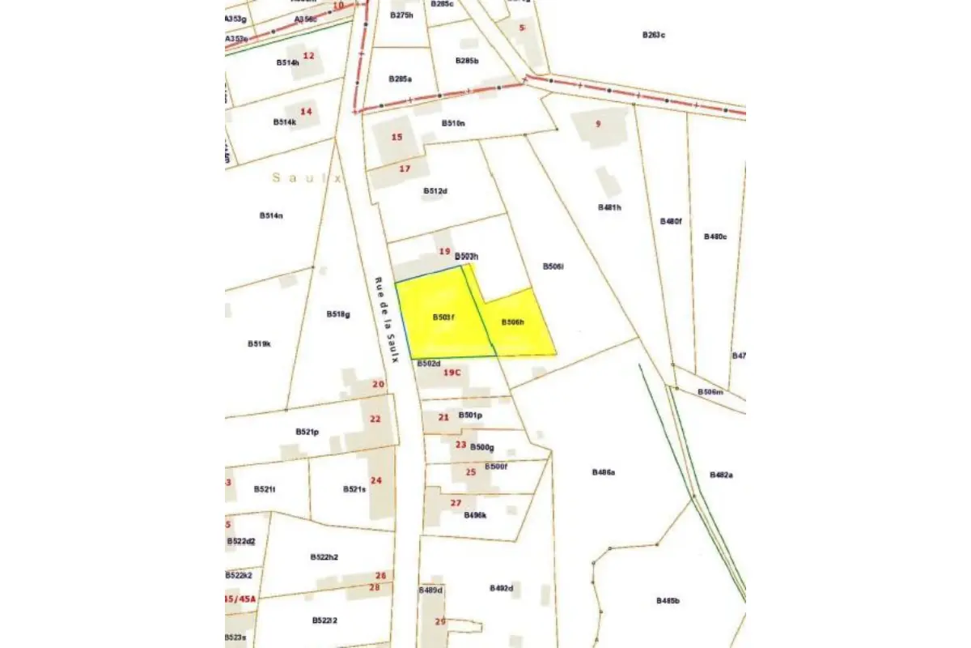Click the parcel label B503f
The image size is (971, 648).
(443, 317)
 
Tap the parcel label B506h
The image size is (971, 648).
(513, 322)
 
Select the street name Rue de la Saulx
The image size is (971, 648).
(386, 319)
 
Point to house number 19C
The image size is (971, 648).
(452, 373)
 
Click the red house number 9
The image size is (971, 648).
(598, 124)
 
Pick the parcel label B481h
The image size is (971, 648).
(609, 207)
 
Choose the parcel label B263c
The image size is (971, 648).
(653, 35)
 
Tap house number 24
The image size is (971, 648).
(375, 480)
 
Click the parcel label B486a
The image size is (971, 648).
(604, 471)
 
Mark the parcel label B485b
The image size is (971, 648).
(668, 600)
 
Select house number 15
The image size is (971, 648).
(396, 137)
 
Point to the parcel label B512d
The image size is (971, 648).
(435, 191)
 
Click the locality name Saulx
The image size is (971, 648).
(307, 177)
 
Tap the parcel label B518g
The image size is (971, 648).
(338, 314)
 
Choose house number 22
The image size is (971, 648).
(375, 419)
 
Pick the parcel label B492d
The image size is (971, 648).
(502, 588)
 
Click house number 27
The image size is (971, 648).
(456, 503)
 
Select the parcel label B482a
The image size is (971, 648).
(721, 475)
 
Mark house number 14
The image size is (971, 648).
(306, 111)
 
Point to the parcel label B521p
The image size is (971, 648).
(307, 432)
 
